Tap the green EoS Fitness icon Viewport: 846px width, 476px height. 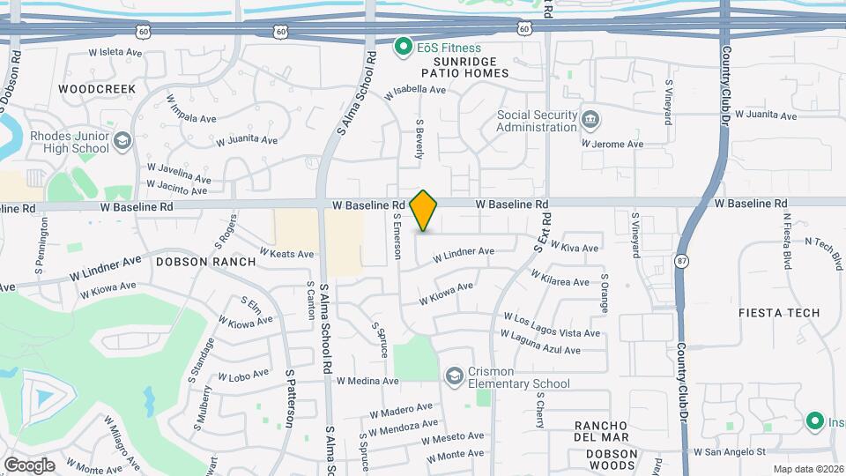pyautogui.click(x=404, y=46)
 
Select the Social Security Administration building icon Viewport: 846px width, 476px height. pyautogui.click(x=590, y=119)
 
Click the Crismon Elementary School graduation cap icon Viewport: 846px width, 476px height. pyautogui.click(x=455, y=376)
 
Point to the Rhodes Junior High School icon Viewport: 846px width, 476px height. pyautogui.click(x=122, y=140)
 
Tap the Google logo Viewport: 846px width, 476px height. pyautogui.click(x=29, y=465)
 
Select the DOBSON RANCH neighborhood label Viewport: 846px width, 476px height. pyautogui.click(x=205, y=262)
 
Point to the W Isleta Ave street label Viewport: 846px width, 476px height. pyautogui.click(x=115, y=52)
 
